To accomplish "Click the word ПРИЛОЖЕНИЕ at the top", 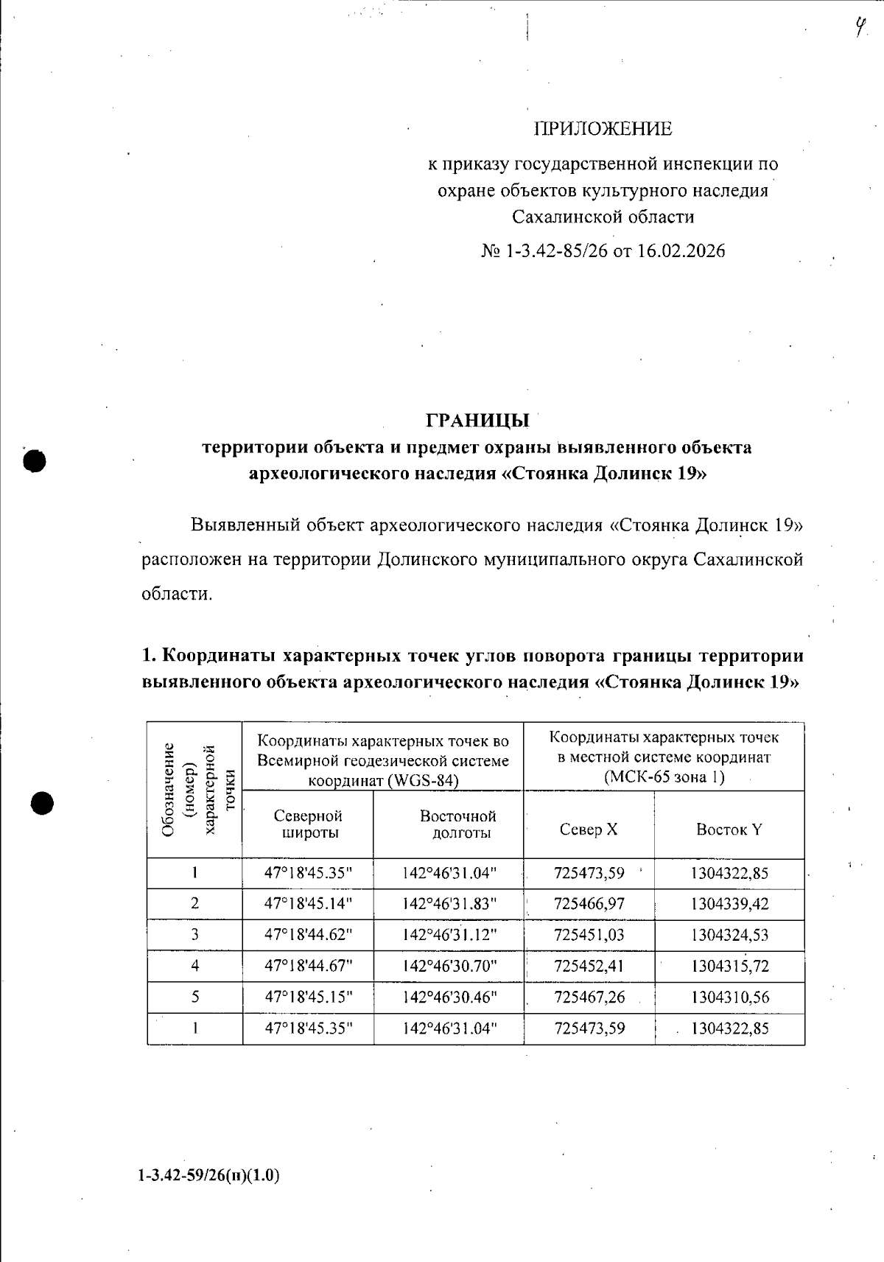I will pyautogui.click(x=603, y=129).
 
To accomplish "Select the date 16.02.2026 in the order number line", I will pyautogui.click(x=681, y=251).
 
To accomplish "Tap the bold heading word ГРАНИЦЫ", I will pyautogui.click(x=477, y=421).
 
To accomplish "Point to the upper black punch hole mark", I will pyautogui.click(x=34, y=460).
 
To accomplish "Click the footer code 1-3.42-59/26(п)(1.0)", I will pyautogui.click(x=208, y=1175).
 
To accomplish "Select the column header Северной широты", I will pyautogui.click(x=308, y=824).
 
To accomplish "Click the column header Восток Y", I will pyautogui.click(x=729, y=830).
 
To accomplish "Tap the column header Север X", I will pyautogui.click(x=589, y=830).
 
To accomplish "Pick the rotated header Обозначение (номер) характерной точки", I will pyautogui.click(x=194, y=789).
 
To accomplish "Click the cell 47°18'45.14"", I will pyautogui.click(x=308, y=904).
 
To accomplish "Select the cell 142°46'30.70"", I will pyautogui.click(x=449, y=966).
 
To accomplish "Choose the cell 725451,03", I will pyautogui.click(x=589, y=935).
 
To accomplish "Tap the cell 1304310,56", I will pyautogui.click(x=729, y=997).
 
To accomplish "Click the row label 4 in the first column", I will pyautogui.click(x=194, y=966).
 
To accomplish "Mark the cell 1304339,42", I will pyautogui.click(x=729, y=904).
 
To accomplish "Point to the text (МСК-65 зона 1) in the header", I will pyautogui.click(x=664, y=777).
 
